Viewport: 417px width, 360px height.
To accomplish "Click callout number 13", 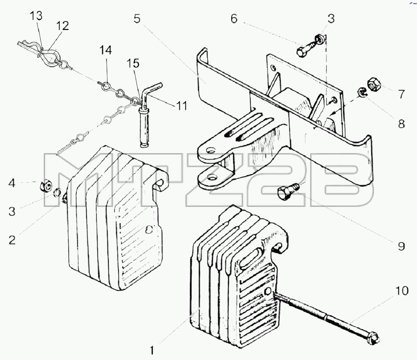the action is coord(36,16).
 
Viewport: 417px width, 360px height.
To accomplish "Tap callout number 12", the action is coord(63,26).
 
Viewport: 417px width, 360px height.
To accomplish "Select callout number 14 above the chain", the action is coord(105,50).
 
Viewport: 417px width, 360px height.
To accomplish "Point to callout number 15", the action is coord(133,64).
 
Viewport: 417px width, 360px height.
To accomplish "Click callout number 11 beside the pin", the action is coord(182,106).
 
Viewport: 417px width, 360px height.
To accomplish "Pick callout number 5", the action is coord(137,19).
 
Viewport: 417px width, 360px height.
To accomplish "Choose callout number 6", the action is coord(234,19).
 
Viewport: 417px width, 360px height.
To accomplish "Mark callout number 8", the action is coord(402,124).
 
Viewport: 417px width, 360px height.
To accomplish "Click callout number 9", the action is coord(402,246).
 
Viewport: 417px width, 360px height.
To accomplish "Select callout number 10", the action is coord(402,291).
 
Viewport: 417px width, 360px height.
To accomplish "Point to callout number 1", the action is coord(152,350).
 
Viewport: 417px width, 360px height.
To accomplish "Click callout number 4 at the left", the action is coord(12,183).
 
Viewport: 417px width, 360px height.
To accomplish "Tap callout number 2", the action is coord(12,240).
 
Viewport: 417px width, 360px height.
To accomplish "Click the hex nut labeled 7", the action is coord(374,84).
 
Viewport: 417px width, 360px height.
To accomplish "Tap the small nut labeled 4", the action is coord(45,185).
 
